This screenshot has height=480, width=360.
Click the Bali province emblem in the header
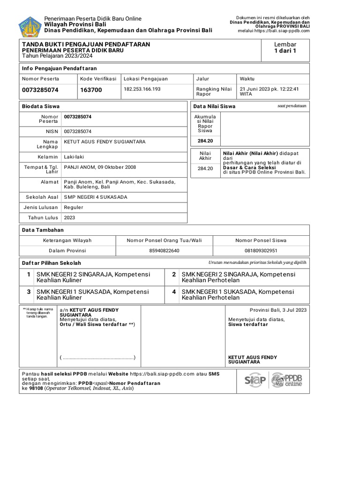[x=30, y=26]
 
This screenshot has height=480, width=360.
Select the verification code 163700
[x=91, y=90]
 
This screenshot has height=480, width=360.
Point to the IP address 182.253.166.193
[x=142, y=89]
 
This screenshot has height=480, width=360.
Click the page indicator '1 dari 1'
[x=285, y=51]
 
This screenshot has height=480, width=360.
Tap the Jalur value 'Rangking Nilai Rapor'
[x=214, y=91]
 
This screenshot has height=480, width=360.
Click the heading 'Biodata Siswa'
[x=41, y=106]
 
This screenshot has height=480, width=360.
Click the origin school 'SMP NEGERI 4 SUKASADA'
[x=96, y=197]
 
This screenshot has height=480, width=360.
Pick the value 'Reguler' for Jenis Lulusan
[x=73, y=207]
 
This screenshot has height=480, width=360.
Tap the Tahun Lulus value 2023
[x=69, y=217]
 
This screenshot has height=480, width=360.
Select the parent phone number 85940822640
[x=164, y=251]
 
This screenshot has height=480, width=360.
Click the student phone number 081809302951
[x=261, y=251]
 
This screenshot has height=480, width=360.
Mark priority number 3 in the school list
[x=29, y=292]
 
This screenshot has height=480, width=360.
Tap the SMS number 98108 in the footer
[x=36, y=389]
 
